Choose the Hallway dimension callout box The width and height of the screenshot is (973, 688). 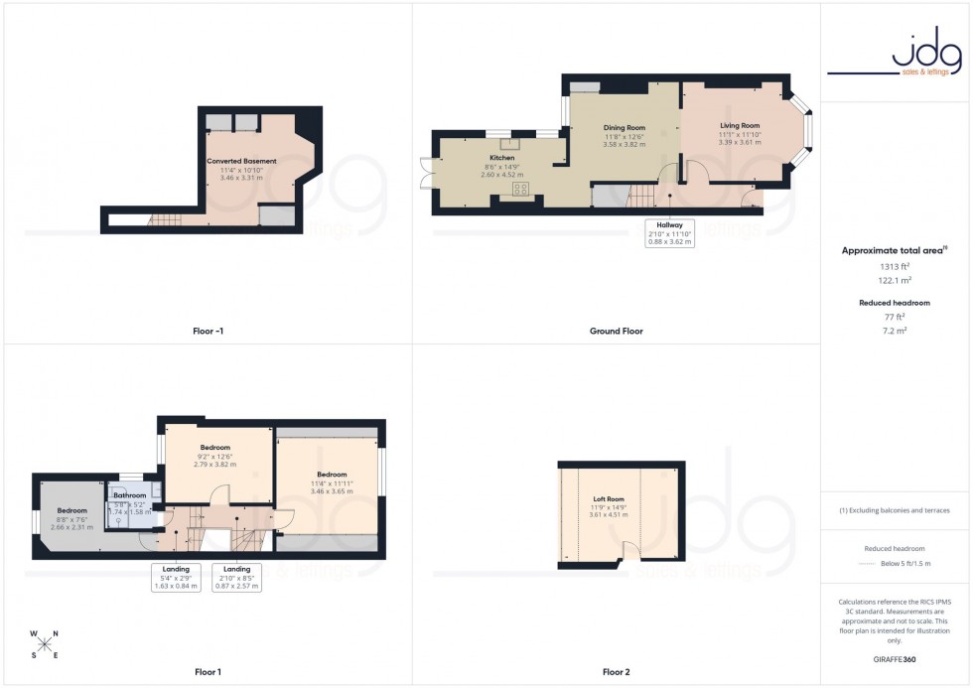pyautogui.click(x=669, y=233)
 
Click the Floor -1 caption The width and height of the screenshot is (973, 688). pyautogui.click(x=207, y=331)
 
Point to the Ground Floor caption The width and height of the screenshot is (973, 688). pyautogui.click(x=616, y=331)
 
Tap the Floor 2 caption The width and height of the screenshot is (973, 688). pyautogui.click(x=616, y=672)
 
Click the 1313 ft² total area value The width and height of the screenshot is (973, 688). pyautogui.click(x=895, y=267)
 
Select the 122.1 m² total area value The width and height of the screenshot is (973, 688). pyautogui.click(x=895, y=281)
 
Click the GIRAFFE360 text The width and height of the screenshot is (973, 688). pyautogui.click(x=895, y=659)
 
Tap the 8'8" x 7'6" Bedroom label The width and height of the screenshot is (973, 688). pyautogui.click(x=71, y=519)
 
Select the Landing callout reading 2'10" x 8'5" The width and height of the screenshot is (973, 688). pyautogui.click(x=237, y=578)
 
